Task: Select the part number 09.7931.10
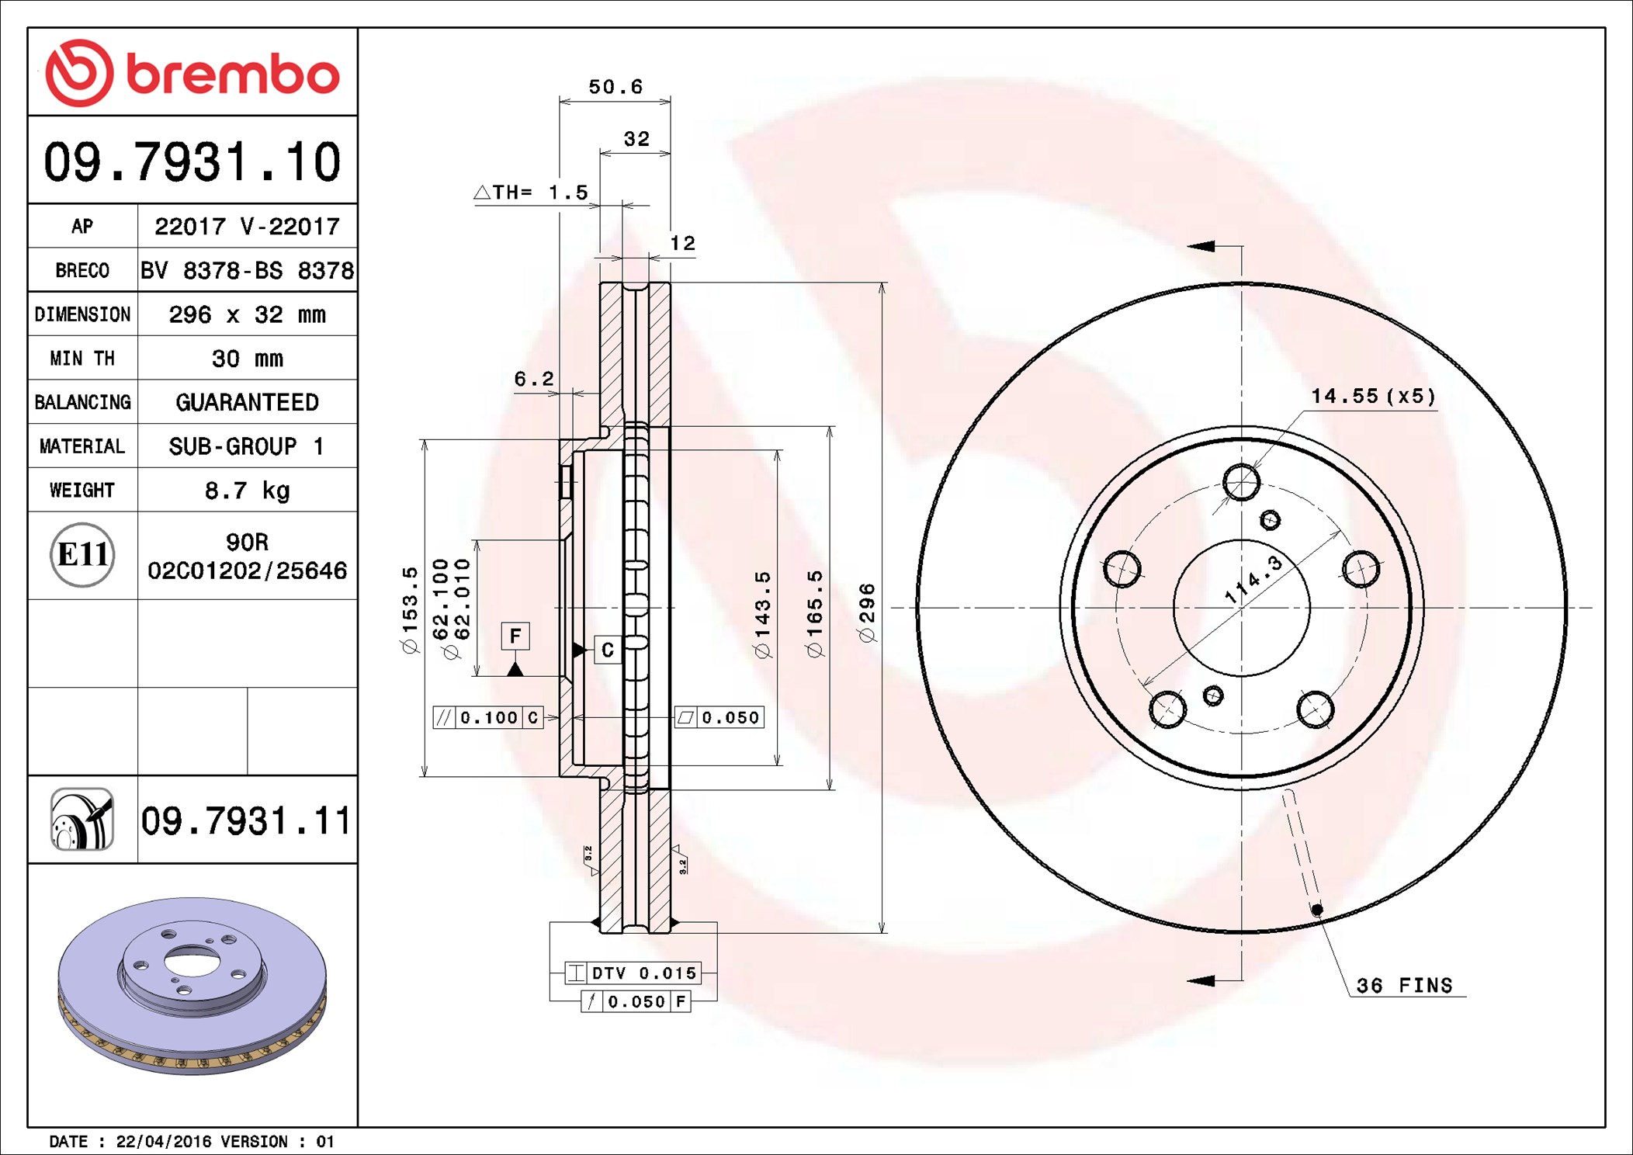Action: [192, 162]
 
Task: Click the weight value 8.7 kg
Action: [247, 491]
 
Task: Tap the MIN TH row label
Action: [82, 359]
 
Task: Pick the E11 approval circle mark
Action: [82, 555]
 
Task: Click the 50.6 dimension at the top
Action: [615, 87]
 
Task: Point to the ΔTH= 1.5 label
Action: [532, 192]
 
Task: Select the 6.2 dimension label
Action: [534, 379]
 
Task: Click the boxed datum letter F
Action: [515, 636]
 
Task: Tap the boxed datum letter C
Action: [608, 650]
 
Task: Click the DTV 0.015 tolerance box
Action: [633, 973]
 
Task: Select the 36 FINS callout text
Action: [1404, 986]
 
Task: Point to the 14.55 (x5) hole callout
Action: [1373, 397]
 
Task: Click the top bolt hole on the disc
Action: [1241, 482]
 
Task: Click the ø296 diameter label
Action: [867, 613]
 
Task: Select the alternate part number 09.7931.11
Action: [246, 821]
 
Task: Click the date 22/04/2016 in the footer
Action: [163, 1142]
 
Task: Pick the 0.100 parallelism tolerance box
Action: [487, 718]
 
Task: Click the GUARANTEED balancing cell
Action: [247, 402]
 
